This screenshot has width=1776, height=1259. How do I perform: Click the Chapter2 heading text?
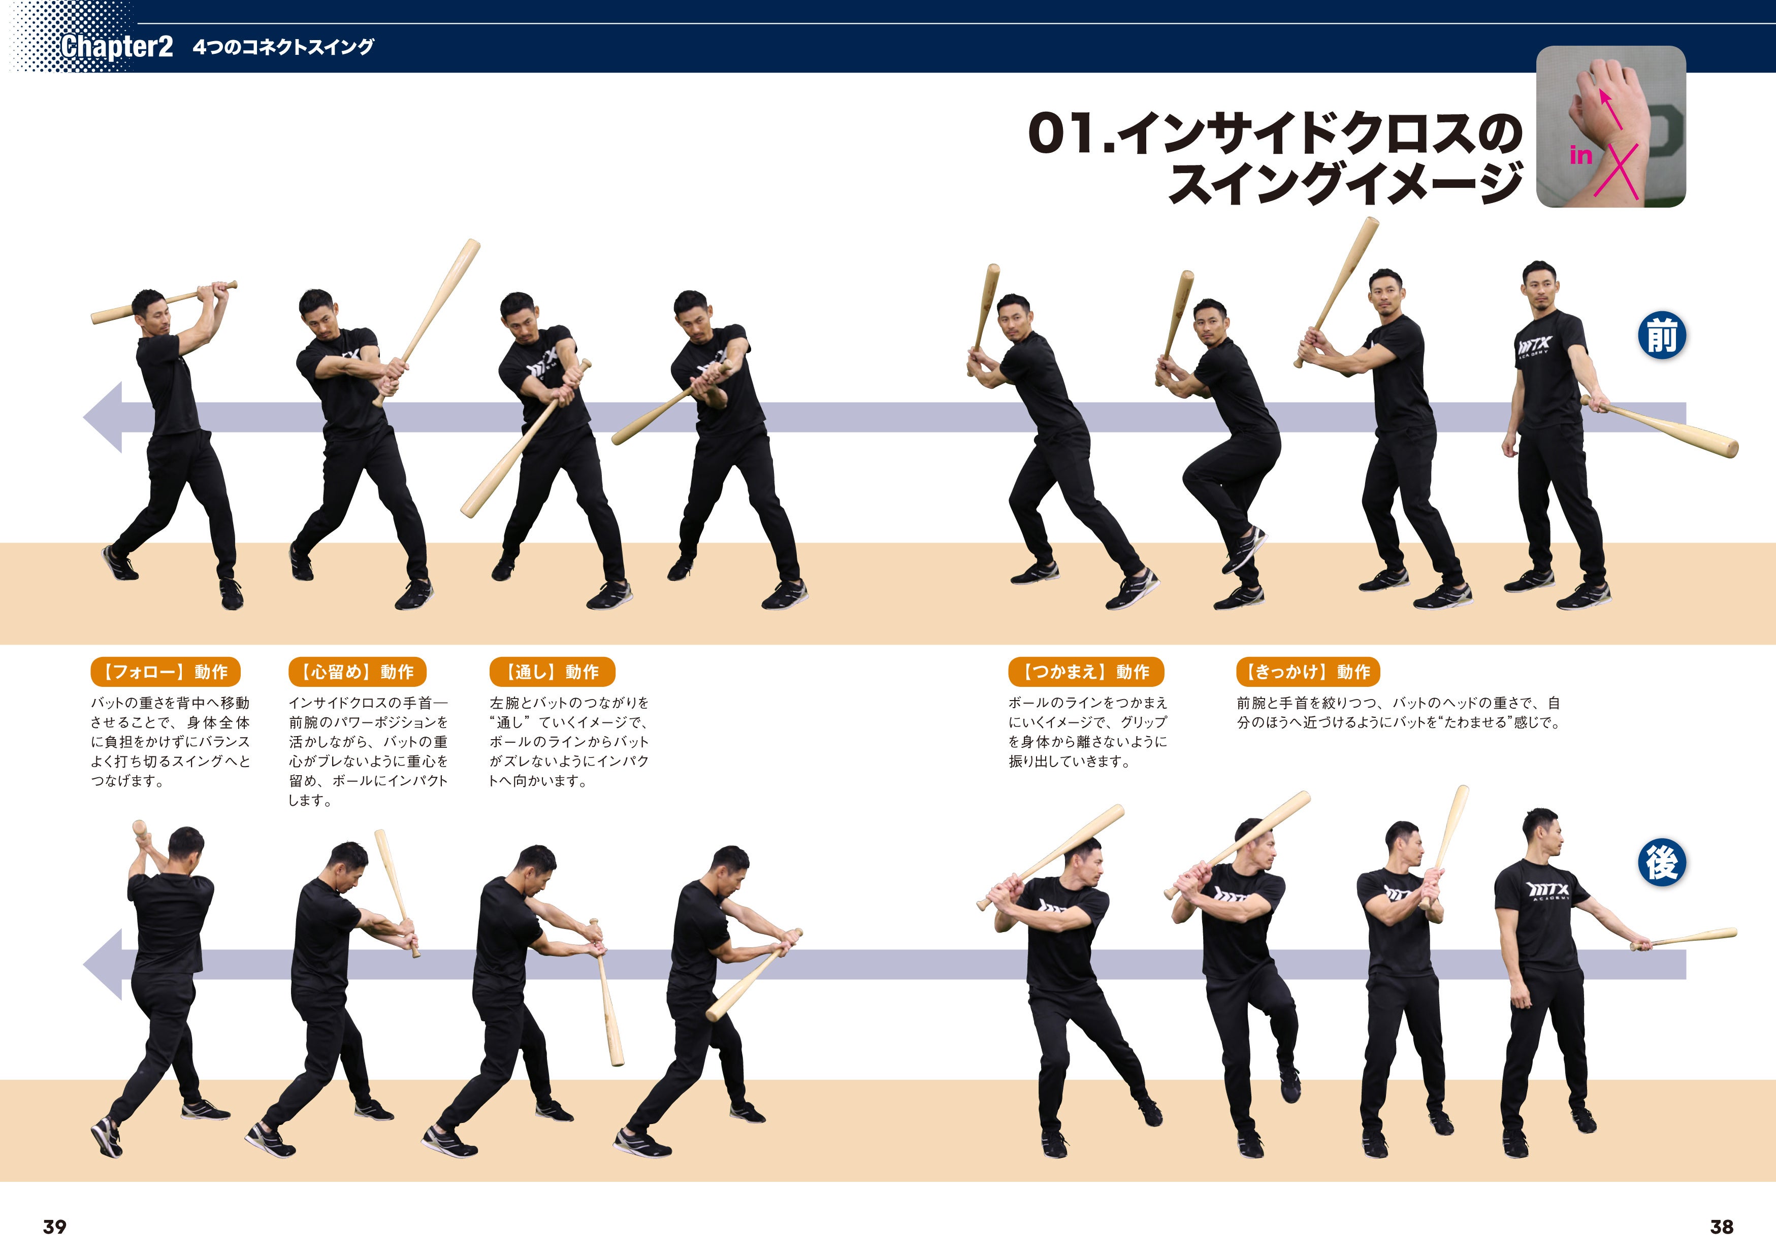[117, 47]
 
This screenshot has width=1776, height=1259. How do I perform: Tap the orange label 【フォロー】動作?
[165, 671]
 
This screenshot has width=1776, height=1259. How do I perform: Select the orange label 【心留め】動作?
[358, 671]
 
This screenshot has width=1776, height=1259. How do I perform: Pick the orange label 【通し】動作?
[552, 671]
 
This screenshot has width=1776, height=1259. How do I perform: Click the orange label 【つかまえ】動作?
[1086, 671]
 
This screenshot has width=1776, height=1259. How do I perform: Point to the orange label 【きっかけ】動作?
[1308, 671]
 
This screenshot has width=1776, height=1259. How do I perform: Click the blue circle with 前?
[1662, 336]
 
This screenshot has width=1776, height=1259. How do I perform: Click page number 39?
[54, 1227]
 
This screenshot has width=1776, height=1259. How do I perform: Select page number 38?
[1722, 1227]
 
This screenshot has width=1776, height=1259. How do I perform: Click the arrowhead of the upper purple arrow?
[103, 417]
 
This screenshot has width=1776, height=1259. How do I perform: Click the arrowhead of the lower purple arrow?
[103, 965]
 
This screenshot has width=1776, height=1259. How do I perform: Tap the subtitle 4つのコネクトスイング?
[283, 47]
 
